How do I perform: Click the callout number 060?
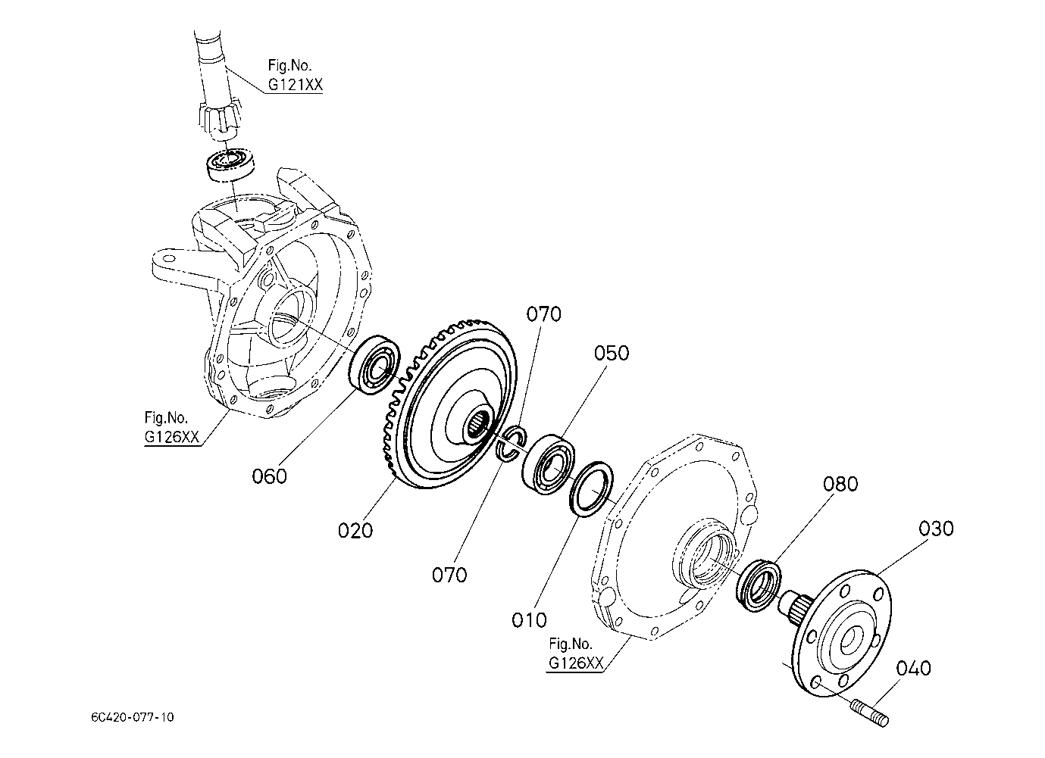pos(269,476)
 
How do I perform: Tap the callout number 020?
pos(355,531)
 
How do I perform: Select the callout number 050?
pos(612,354)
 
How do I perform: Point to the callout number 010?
pos(529,620)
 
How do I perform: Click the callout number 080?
pos(840,484)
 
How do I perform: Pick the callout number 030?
pos(937,529)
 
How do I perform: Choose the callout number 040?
pos(913,669)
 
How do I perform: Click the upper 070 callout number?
pos(544,314)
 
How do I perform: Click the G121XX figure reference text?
pos(295,84)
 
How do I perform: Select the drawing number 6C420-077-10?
pos(133,717)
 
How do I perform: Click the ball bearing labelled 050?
pos(548,464)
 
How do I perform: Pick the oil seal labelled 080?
pos(758,586)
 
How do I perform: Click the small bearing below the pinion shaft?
pos(231,164)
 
